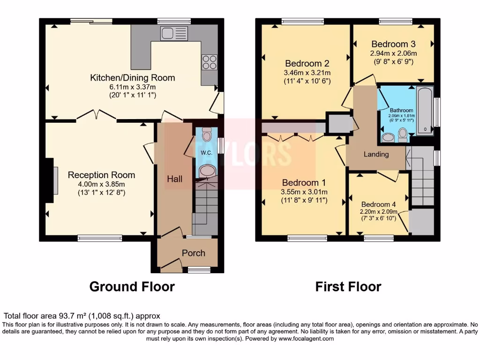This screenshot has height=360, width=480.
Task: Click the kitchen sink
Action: [174, 33]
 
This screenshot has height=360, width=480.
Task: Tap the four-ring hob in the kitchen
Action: [210, 62]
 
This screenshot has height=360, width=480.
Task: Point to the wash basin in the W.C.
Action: [207, 171]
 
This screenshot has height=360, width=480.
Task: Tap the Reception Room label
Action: [101, 175]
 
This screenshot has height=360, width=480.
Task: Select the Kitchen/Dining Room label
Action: [133, 78]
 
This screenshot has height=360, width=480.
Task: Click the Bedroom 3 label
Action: [394, 44]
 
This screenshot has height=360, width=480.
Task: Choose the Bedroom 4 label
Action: [378, 204]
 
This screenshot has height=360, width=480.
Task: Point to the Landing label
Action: [376, 154]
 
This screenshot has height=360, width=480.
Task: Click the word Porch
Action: [194, 253]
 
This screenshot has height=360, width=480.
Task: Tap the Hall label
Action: [175, 179]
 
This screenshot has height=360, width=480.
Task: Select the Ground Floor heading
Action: [132, 287]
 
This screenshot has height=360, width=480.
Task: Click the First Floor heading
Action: [348, 287]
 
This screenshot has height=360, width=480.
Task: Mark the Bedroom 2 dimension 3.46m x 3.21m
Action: [307, 73]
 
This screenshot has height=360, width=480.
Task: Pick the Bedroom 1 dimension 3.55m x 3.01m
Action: [304, 192]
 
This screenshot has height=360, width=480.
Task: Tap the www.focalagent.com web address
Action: [306, 338]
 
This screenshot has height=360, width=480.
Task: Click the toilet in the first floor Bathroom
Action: [403, 135]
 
